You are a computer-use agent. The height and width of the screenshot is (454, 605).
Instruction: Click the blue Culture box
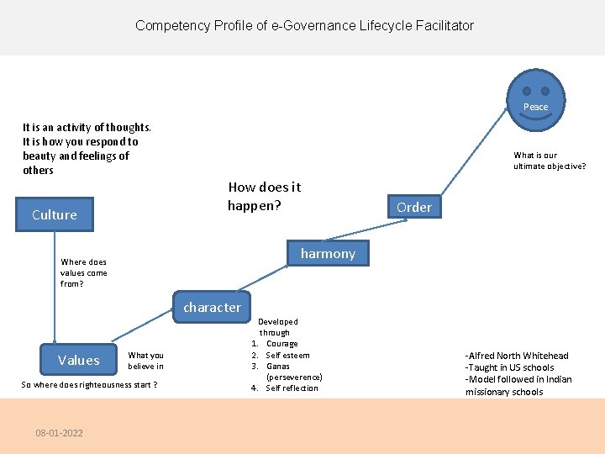click(x=55, y=214)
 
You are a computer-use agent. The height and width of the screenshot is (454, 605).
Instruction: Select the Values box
click(x=78, y=360)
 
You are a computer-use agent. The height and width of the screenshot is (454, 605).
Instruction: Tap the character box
click(x=212, y=307)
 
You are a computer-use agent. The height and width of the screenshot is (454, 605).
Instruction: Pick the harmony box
click(x=328, y=253)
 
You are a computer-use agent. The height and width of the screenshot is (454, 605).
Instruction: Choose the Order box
click(x=413, y=207)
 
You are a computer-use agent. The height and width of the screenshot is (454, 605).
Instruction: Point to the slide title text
click(x=304, y=25)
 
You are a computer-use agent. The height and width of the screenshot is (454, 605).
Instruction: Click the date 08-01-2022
click(x=59, y=433)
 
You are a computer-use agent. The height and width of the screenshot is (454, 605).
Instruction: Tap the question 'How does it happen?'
click(x=264, y=196)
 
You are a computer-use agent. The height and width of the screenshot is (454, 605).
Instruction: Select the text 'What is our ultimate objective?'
click(x=550, y=161)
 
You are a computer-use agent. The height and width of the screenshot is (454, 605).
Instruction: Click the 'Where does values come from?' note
click(x=84, y=272)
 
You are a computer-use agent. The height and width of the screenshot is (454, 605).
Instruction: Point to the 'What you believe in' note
click(x=145, y=361)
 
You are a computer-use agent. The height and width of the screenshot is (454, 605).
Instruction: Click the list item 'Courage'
click(x=281, y=344)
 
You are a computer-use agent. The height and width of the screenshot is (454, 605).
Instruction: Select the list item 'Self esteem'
click(x=287, y=355)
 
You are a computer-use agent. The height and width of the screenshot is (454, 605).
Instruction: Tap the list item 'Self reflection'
click(x=292, y=388)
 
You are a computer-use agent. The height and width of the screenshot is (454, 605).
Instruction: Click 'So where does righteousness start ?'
click(x=90, y=385)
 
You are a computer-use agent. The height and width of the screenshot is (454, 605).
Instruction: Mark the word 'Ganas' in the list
click(x=277, y=366)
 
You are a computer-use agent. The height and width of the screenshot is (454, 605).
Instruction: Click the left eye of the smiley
click(x=527, y=91)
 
